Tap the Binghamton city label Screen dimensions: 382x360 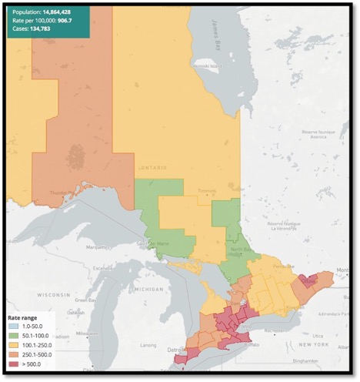pos(315,360)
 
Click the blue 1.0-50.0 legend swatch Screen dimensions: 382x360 pos(13,327)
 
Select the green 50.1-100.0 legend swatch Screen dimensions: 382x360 pos(13,337)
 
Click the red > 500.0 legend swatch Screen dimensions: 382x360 pos(13,364)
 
